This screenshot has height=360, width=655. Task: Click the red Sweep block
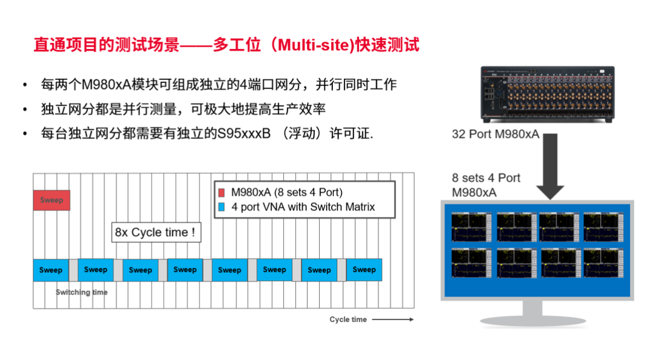[52, 200]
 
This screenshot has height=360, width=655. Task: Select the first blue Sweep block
[51, 270]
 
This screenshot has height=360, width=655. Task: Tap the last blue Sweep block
[364, 270]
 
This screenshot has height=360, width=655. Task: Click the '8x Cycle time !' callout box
[156, 233]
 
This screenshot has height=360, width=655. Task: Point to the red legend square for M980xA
[222, 193]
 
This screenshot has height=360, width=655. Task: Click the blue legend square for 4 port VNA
[222, 207]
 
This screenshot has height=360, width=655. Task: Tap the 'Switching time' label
[81, 292]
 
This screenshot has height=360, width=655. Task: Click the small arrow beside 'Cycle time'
[392, 319]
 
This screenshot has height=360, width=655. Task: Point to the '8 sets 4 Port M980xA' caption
[486, 185]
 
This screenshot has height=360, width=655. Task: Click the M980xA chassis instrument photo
[547, 94]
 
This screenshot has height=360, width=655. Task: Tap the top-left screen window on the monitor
[470, 227]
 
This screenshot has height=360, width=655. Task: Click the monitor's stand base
[533, 321]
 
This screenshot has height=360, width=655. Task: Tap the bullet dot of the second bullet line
[25, 110]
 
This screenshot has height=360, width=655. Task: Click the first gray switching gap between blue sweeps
[73, 270]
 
